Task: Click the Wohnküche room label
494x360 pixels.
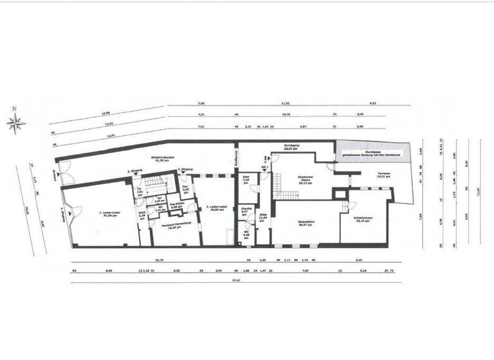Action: coord(305,224)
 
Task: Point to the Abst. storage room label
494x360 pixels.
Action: coord(245,180)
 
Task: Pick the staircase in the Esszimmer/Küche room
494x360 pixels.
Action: coord(277,190)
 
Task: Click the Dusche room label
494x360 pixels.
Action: coord(244,211)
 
